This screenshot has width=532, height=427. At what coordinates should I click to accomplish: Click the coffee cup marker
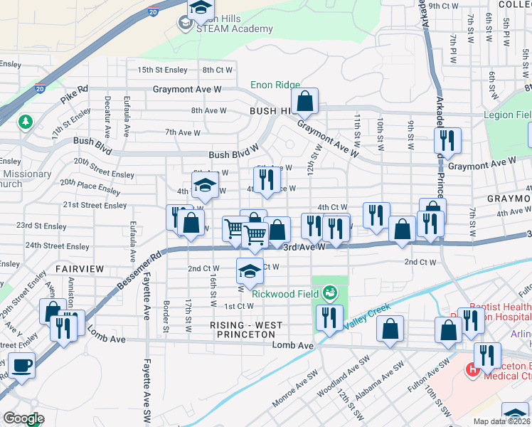(21, 365)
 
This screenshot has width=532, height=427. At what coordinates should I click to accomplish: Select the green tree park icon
(26, 122)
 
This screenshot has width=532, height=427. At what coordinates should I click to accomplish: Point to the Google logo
(23, 419)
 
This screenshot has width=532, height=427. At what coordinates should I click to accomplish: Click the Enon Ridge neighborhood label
(275, 85)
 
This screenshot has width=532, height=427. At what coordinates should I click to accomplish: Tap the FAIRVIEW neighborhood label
(80, 269)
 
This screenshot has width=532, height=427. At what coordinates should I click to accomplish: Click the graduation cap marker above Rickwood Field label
(249, 271)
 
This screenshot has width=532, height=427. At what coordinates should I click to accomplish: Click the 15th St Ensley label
(162, 70)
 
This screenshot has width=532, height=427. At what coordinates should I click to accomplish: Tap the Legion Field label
(507, 115)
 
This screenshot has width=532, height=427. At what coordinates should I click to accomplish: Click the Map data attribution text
(501, 421)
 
